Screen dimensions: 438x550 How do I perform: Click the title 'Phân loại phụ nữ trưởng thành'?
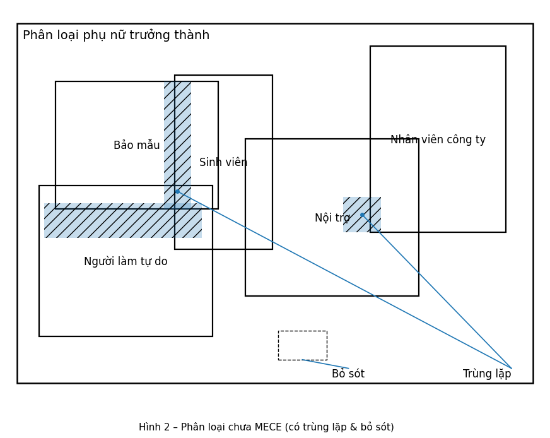coord(116,35)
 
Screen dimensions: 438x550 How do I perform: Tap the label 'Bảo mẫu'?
coord(136,146)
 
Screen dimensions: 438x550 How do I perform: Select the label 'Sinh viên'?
coord(223,163)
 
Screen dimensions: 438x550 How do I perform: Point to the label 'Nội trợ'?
coord(332,218)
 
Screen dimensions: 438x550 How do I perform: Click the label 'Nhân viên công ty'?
coord(438,140)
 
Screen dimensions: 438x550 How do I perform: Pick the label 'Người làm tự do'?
coord(126,262)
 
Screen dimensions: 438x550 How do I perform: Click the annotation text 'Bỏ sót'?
coord(348,374)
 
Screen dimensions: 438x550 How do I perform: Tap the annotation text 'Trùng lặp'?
coord(487,374)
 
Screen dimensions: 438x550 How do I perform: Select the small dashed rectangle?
coord(302,345)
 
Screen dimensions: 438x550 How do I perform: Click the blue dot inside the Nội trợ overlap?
coord(362,215)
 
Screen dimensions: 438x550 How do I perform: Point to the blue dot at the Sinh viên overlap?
coord(177,191)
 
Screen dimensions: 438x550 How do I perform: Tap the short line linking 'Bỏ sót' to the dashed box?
coord(325,364)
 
